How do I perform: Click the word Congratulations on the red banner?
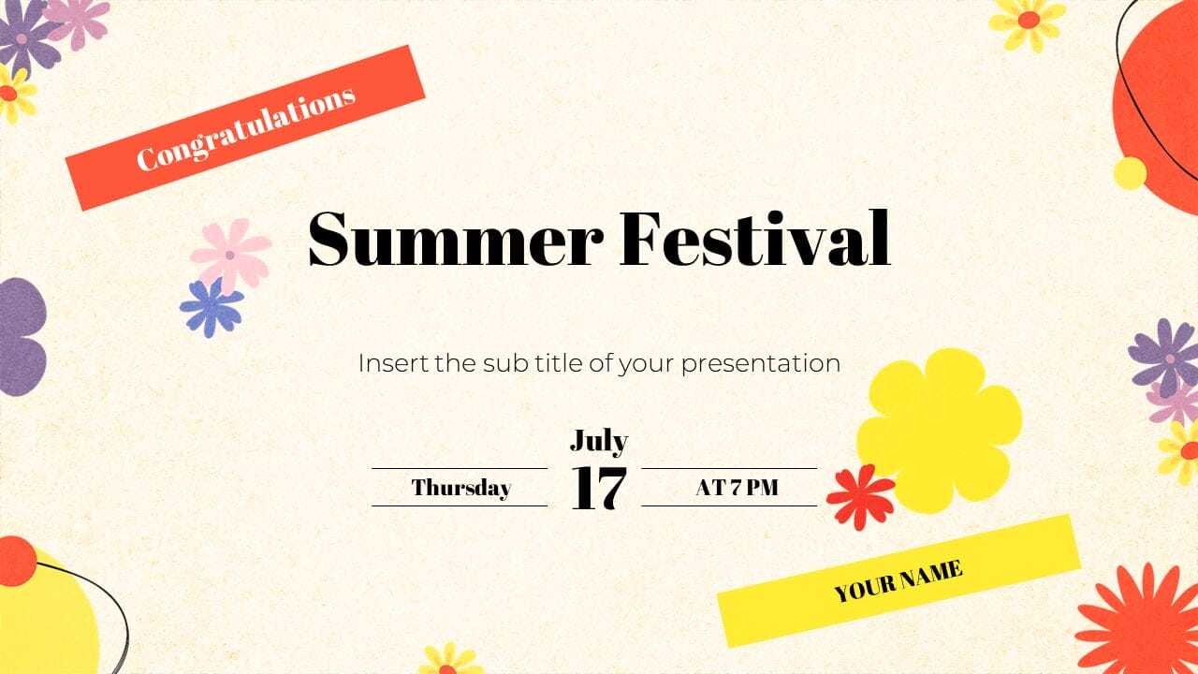246,128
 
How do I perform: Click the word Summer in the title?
455,240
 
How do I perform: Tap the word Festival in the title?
754,240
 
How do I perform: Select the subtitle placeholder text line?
599,363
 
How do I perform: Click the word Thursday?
460,488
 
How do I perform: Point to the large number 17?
598,488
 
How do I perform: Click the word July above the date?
598,440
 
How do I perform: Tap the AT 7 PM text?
737,488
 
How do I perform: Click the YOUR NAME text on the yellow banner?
898,580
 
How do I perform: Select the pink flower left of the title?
230,254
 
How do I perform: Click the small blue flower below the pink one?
211,307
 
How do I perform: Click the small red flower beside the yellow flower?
860,496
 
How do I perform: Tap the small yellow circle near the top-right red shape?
1130,173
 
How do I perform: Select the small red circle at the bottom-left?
16,561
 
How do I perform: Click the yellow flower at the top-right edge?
1028,21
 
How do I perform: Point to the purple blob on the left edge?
22,337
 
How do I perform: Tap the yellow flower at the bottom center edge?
449,661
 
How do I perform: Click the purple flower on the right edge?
1164,357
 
